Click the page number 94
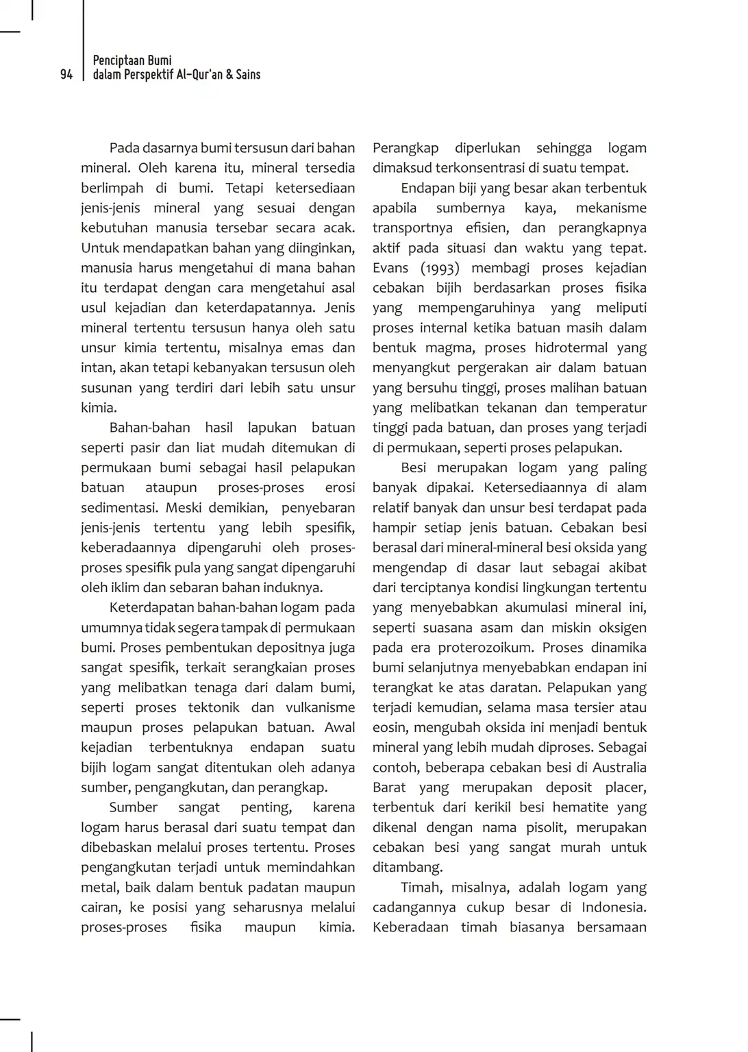point(66,75)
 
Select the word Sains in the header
point(248,75)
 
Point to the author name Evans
point(390,268)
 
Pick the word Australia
point(619,767)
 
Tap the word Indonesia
point(614,907)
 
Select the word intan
point(97,367)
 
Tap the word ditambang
point(407,867)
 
